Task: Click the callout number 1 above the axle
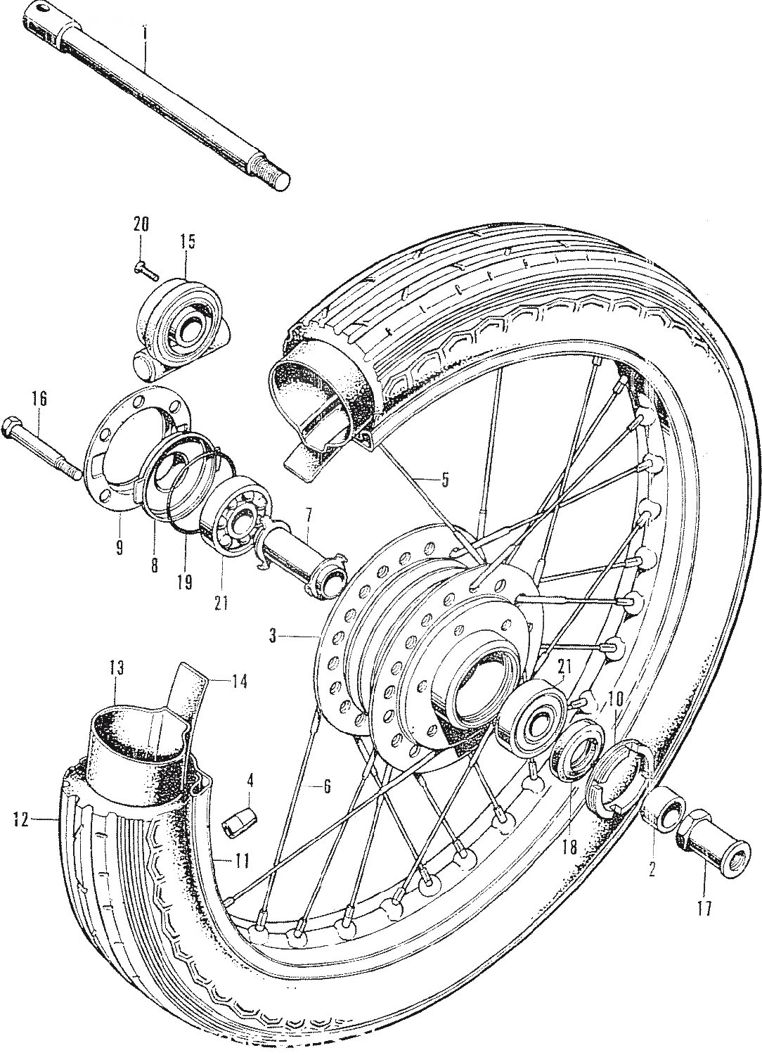[145, 34]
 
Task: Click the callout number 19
[185, 582]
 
